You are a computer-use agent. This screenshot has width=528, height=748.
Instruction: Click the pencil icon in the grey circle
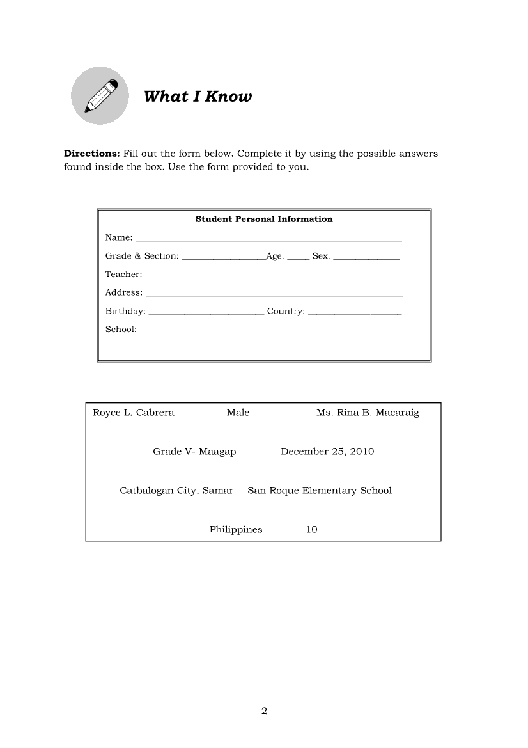(100, 96)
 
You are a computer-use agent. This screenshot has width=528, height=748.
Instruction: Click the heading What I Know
(198, 97)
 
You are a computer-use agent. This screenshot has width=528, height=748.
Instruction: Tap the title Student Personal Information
(264, 219)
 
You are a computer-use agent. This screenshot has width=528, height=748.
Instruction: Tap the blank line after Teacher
(274, 276)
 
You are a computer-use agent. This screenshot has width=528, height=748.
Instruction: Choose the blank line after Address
(274, 294)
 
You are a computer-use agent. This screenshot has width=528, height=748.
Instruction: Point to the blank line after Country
(354, 313)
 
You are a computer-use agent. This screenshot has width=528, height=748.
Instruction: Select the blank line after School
(270, 331)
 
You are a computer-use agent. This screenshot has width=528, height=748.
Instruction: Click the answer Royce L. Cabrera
(134, 413)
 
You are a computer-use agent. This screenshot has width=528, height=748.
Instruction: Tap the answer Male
(238, 413)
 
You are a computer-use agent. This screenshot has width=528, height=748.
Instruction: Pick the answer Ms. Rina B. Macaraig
(368, 413)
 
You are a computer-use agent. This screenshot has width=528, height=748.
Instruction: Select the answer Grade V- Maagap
(194, 452)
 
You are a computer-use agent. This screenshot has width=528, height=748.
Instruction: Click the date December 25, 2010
(327, 452)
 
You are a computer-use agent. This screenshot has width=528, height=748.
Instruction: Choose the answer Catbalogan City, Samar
(176, 491)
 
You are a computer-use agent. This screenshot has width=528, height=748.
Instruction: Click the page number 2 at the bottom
(264, 711)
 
